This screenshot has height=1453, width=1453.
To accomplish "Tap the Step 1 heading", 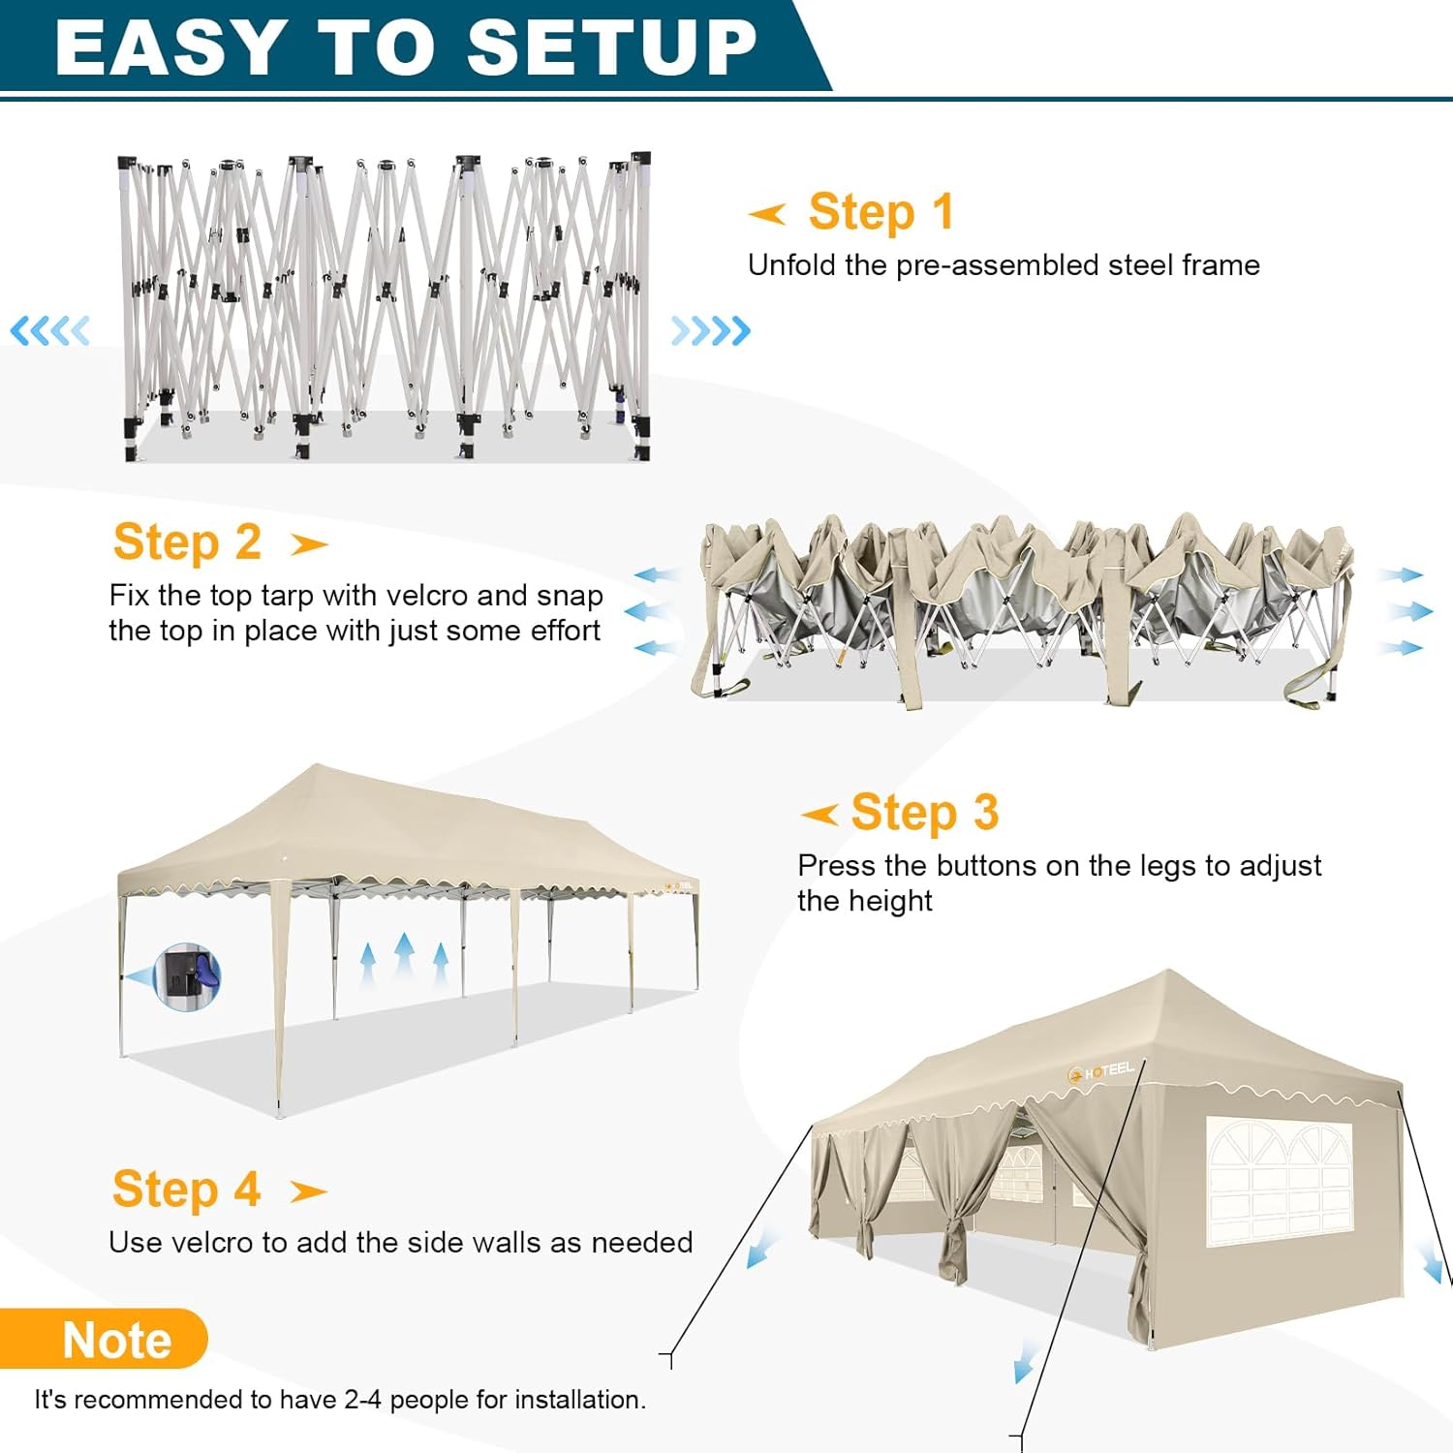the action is pos(881,212).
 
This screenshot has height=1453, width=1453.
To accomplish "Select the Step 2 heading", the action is pos(187,541).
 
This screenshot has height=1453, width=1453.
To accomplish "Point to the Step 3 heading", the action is pos(924,813).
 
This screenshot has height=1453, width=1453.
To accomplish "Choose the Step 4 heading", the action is pos(186,1190).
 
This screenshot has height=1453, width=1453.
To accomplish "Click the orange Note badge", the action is pos(104,1340).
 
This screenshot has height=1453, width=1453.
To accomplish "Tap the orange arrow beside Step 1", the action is pos(767,214).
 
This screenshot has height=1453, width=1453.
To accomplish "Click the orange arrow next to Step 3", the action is pos(819,815).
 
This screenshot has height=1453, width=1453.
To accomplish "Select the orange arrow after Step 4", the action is pos(309,1191).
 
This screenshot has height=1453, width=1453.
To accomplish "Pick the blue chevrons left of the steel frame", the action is pos(49,331).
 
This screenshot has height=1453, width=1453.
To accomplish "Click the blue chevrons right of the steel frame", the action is pos(711,331).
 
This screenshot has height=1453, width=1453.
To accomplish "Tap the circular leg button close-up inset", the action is pos(188,976).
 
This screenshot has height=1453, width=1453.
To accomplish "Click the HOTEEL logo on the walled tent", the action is pos(1100,1071).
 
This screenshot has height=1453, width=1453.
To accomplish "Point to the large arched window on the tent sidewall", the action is pos(1279,1182).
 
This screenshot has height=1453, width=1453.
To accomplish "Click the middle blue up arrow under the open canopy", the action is pos(404,955).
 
